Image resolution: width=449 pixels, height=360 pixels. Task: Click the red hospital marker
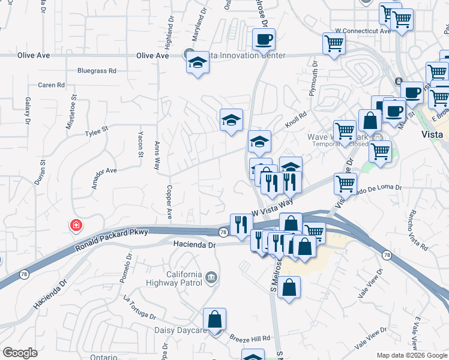point(76,226)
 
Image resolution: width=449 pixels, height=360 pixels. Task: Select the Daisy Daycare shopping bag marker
point(214,321)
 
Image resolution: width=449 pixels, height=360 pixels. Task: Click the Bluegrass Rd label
point(97,71)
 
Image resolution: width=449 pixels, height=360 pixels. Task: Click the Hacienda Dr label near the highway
point(194,245)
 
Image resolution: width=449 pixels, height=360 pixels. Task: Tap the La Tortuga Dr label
point(139,307)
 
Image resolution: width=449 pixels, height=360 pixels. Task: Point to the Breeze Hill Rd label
point(250,338)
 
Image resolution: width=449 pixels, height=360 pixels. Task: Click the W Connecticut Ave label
point(363,31)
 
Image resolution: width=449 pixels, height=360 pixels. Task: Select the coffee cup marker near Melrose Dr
point(263,40)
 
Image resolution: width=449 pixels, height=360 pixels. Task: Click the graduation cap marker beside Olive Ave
point(197,62)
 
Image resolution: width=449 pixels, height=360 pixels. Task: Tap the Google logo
point(20,353)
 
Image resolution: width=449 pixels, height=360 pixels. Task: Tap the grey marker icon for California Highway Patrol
point(211,277)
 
